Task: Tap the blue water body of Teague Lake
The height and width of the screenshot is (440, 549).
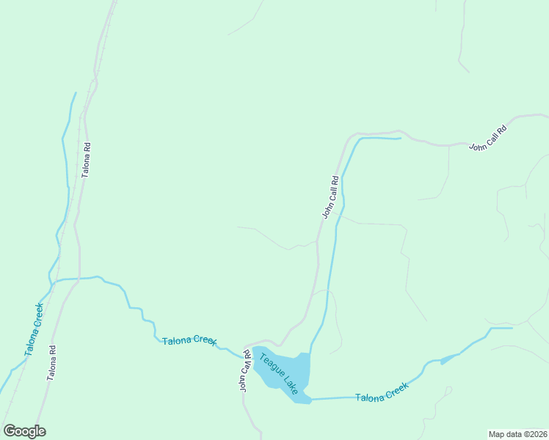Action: [291, 367]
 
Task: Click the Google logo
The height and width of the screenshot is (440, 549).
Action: [25, 431]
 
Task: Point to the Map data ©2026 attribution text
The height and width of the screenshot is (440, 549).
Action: [517, 434]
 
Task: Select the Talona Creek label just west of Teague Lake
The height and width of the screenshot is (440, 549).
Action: [189, 341]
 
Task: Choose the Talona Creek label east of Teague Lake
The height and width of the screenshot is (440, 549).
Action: [381, 394]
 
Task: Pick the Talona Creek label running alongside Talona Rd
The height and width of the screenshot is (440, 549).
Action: [34, 329]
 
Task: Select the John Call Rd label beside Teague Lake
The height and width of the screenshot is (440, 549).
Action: [244, 371]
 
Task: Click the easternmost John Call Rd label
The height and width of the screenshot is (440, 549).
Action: [489, 137]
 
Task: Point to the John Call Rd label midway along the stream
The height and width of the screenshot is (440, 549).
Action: [330, 197]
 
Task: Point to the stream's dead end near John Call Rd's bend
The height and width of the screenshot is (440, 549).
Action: [401, 138]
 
